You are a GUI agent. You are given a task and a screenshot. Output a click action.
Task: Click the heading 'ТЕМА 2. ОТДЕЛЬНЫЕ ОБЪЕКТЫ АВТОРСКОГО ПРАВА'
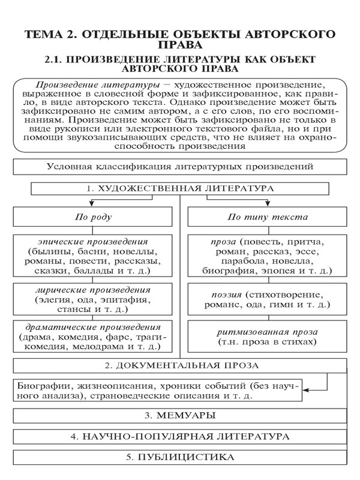pyautogui.click(x=180, y=39)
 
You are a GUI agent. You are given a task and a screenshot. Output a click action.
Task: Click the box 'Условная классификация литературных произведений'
pyautogui.click(x=180, y=167)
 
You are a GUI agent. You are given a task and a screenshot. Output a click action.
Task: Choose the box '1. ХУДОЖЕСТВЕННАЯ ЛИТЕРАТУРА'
pyautogui.click(x=180, y=188)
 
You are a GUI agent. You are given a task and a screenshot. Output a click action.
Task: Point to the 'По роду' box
pyautogui.click(x=92, y=217)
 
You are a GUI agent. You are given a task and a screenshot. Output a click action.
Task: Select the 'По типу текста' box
pyautogui.click(x=267, y=217)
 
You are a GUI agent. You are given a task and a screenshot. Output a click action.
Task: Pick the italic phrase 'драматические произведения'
pyautogui.click(x=92, y=327)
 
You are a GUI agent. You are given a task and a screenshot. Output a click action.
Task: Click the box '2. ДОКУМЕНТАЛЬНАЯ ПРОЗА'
pyautogui.click(x=180, y=365)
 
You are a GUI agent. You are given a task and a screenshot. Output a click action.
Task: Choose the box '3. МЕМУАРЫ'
pyautogui.click(x=180, y=415)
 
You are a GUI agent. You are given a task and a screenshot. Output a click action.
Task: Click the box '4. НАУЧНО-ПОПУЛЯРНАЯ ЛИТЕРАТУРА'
pyautogui.click(x=180, y=436)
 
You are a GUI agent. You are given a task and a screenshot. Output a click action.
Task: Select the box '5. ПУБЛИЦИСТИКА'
pyautogui.click(x=180, y=457)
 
